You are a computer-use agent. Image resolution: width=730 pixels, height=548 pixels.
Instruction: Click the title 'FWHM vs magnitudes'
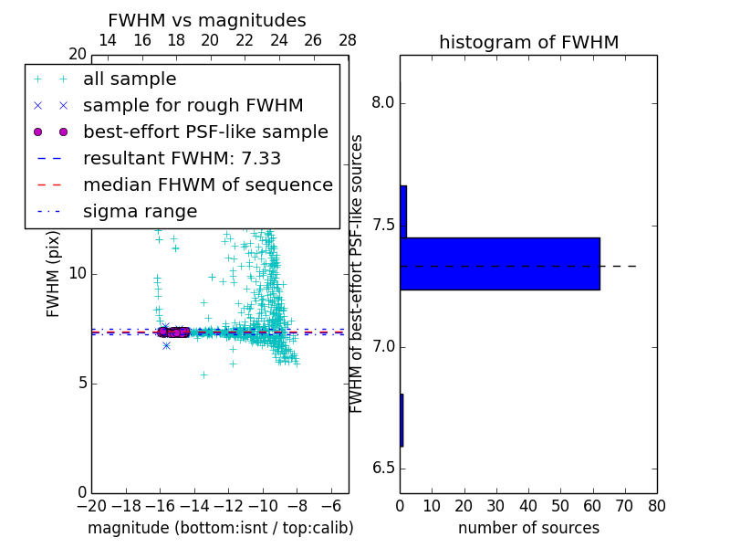206,21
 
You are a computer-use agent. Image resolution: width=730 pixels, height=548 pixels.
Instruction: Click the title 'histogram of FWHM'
528,43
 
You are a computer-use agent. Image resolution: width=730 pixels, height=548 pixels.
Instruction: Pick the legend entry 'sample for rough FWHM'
193,106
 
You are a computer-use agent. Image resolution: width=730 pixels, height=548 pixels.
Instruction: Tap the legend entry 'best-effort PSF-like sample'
205,132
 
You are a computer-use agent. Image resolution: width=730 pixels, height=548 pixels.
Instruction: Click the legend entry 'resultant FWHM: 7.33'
182,159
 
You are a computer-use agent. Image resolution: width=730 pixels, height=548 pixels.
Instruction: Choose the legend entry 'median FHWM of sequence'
207,185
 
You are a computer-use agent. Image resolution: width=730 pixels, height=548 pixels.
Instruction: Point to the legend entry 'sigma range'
140,212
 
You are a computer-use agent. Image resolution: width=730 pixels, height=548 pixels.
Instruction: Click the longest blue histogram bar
499,264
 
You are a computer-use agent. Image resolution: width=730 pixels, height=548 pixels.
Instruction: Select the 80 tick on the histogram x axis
657,505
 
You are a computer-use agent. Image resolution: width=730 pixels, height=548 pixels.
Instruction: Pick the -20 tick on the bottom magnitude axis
91,505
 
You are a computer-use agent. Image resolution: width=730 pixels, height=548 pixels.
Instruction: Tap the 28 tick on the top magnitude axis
348,40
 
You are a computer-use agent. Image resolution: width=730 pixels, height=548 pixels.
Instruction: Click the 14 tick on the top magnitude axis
107,40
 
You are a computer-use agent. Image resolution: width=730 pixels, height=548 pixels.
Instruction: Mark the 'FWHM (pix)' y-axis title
54,274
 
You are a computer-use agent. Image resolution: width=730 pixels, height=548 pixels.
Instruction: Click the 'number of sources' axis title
528,528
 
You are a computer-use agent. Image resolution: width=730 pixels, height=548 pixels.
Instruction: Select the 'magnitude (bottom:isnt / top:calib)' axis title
220,528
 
